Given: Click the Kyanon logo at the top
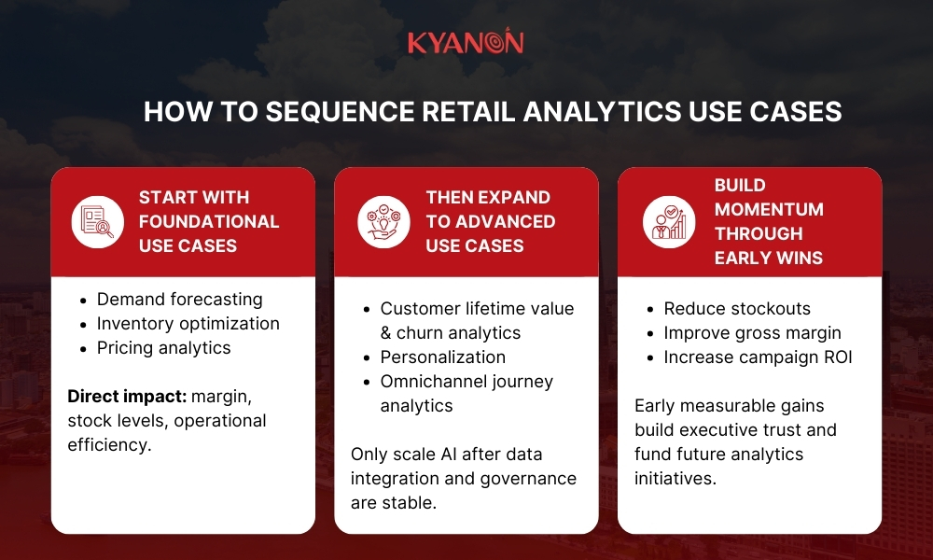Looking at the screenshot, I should tap(466, 42).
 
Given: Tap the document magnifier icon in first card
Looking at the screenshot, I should tap(98, 221).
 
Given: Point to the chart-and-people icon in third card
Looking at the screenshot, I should tap(668, 221).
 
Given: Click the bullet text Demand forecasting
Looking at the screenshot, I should tap(179, 300).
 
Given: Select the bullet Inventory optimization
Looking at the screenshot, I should tap(188, 324).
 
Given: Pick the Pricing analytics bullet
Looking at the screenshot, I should tap(163, 348).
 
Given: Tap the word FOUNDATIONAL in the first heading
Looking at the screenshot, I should tap(209, 222).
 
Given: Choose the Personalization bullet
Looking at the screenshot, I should tap(442, 357).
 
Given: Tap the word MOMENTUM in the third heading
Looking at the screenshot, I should tap(769, 209).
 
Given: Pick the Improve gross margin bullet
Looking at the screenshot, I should tap(752, 333).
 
